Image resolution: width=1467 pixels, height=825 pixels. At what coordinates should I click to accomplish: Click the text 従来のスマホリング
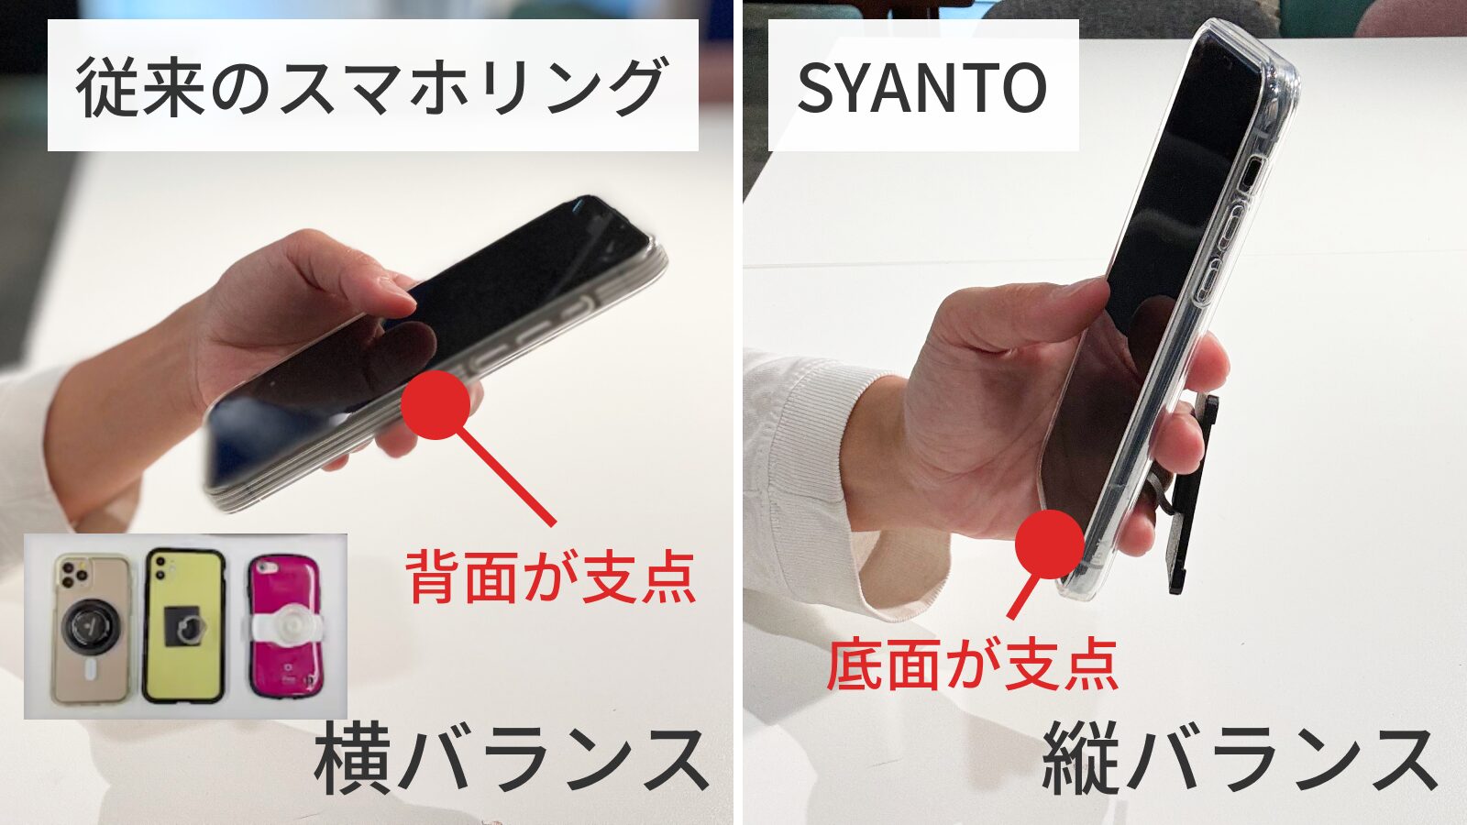tap(371, 87)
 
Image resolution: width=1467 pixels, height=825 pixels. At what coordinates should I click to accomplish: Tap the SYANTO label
tap(921, 87)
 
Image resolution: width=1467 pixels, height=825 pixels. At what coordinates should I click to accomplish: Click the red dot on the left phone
tap(436, 404)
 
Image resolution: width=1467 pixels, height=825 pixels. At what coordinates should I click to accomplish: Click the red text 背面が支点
tap(550, 577)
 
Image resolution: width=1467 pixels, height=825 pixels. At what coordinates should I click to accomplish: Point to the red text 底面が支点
tap(972, 665)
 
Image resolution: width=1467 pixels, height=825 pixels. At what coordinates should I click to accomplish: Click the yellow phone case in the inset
tap(183, 626)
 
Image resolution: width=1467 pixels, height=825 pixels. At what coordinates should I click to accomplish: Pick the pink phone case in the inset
tap(286, 626)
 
